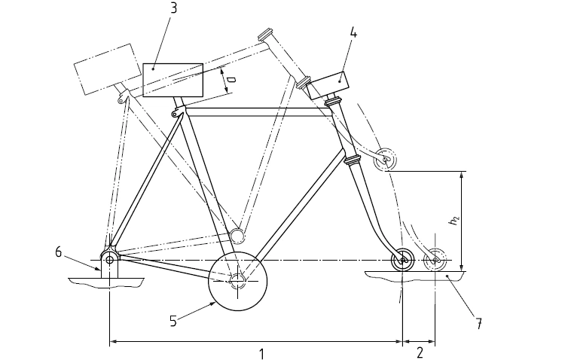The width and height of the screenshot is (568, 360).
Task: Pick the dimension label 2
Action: click(x=420, y=352)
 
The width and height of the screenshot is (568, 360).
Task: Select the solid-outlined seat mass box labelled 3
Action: click(x=173, y=80)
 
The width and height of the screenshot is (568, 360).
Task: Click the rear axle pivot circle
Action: click(x=110, y=260)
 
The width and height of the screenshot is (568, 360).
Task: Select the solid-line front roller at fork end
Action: click(x=402, y=260)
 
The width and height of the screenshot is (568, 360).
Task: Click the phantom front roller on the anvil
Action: click(x=435, y=261)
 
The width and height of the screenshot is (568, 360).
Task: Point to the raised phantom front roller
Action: click(x=386, y=160)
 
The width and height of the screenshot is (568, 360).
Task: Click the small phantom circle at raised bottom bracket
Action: click(x=237, y=236)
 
